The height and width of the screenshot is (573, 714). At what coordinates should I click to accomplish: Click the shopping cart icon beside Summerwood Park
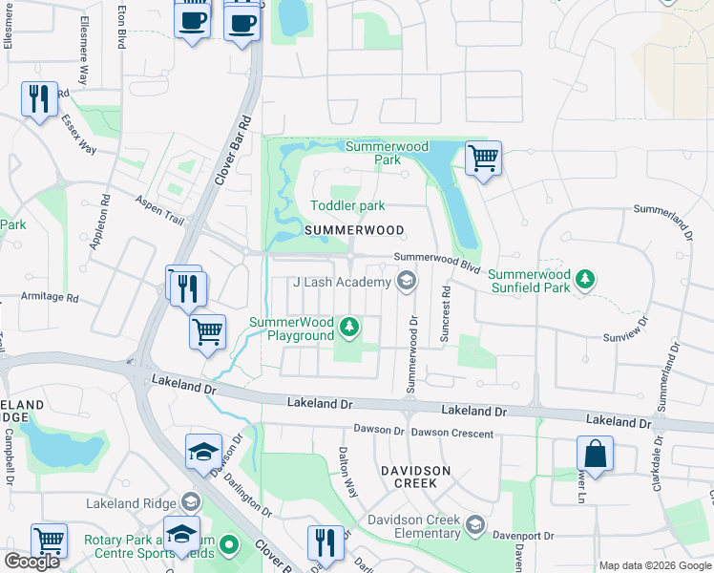pos(484,158)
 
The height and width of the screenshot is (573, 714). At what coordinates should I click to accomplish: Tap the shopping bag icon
pos(595,454)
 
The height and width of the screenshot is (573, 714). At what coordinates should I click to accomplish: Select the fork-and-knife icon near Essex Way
pos(39,99)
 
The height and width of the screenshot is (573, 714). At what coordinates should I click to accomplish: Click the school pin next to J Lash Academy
pos(407,281)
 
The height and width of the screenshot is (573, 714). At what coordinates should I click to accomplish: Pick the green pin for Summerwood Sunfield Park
pos(585,280)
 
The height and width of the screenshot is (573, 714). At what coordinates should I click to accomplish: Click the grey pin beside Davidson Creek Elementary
pos(474,524)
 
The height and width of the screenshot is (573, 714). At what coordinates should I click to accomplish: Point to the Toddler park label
pos(347,205)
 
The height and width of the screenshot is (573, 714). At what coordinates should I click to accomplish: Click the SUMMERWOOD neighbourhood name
pos(353,231)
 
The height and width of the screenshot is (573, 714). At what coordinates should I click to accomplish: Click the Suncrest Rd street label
pos(446,311)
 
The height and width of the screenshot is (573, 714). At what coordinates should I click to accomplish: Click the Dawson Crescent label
pos(453,434)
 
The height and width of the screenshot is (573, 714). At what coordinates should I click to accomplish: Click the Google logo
pos(31,562)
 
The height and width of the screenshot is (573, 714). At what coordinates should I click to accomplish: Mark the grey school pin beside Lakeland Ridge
pos(191,502)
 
